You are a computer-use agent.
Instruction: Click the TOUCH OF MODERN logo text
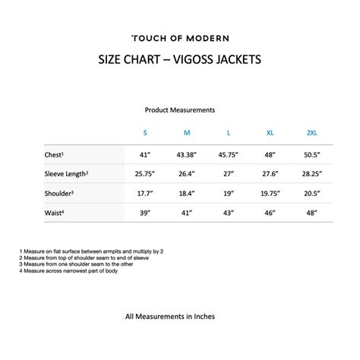180,38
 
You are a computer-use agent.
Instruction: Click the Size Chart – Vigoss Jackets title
180,59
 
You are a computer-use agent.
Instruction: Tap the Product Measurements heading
180,110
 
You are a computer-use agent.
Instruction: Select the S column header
145,133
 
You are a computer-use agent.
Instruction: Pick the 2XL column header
311,133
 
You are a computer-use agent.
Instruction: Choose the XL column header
270,133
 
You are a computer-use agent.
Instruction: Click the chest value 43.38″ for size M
187,155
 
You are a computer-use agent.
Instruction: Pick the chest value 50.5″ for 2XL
311,155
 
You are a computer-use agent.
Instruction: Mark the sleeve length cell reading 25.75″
145,174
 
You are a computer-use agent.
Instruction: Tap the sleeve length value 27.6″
270,174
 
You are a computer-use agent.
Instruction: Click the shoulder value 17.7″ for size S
145,194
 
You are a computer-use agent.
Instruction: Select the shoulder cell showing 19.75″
270,194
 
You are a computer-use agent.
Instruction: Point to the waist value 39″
145,213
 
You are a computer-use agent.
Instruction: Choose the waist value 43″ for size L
229,213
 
